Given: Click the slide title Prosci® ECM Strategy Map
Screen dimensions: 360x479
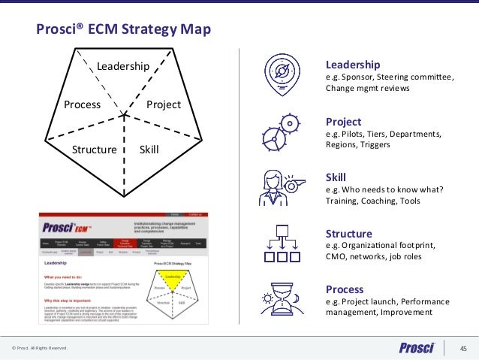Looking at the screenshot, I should [x=124, y=30].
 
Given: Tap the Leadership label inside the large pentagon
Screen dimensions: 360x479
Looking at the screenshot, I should [x=123, y=67].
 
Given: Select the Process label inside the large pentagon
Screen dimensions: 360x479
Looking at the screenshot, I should [x=82, y=104].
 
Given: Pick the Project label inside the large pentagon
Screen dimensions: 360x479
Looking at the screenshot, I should [x=164, y=104].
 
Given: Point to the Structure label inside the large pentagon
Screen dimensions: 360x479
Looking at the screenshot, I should [x=94, y=150].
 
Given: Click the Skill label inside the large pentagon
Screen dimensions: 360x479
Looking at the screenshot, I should [x=149, y=150].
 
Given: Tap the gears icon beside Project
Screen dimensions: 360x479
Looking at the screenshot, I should [x=279, y=132].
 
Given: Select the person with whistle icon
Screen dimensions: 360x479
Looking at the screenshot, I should [x=279, y=188].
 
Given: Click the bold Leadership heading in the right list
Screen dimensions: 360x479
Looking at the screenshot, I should [x=352, y=64].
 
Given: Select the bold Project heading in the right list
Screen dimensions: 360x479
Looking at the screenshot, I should [x=343, y=122].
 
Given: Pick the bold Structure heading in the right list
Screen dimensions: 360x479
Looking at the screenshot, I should [x=348, y=233].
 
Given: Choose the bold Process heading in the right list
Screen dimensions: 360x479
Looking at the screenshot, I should [x=344, y=289].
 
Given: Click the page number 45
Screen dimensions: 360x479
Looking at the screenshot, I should [x=463, y=347].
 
